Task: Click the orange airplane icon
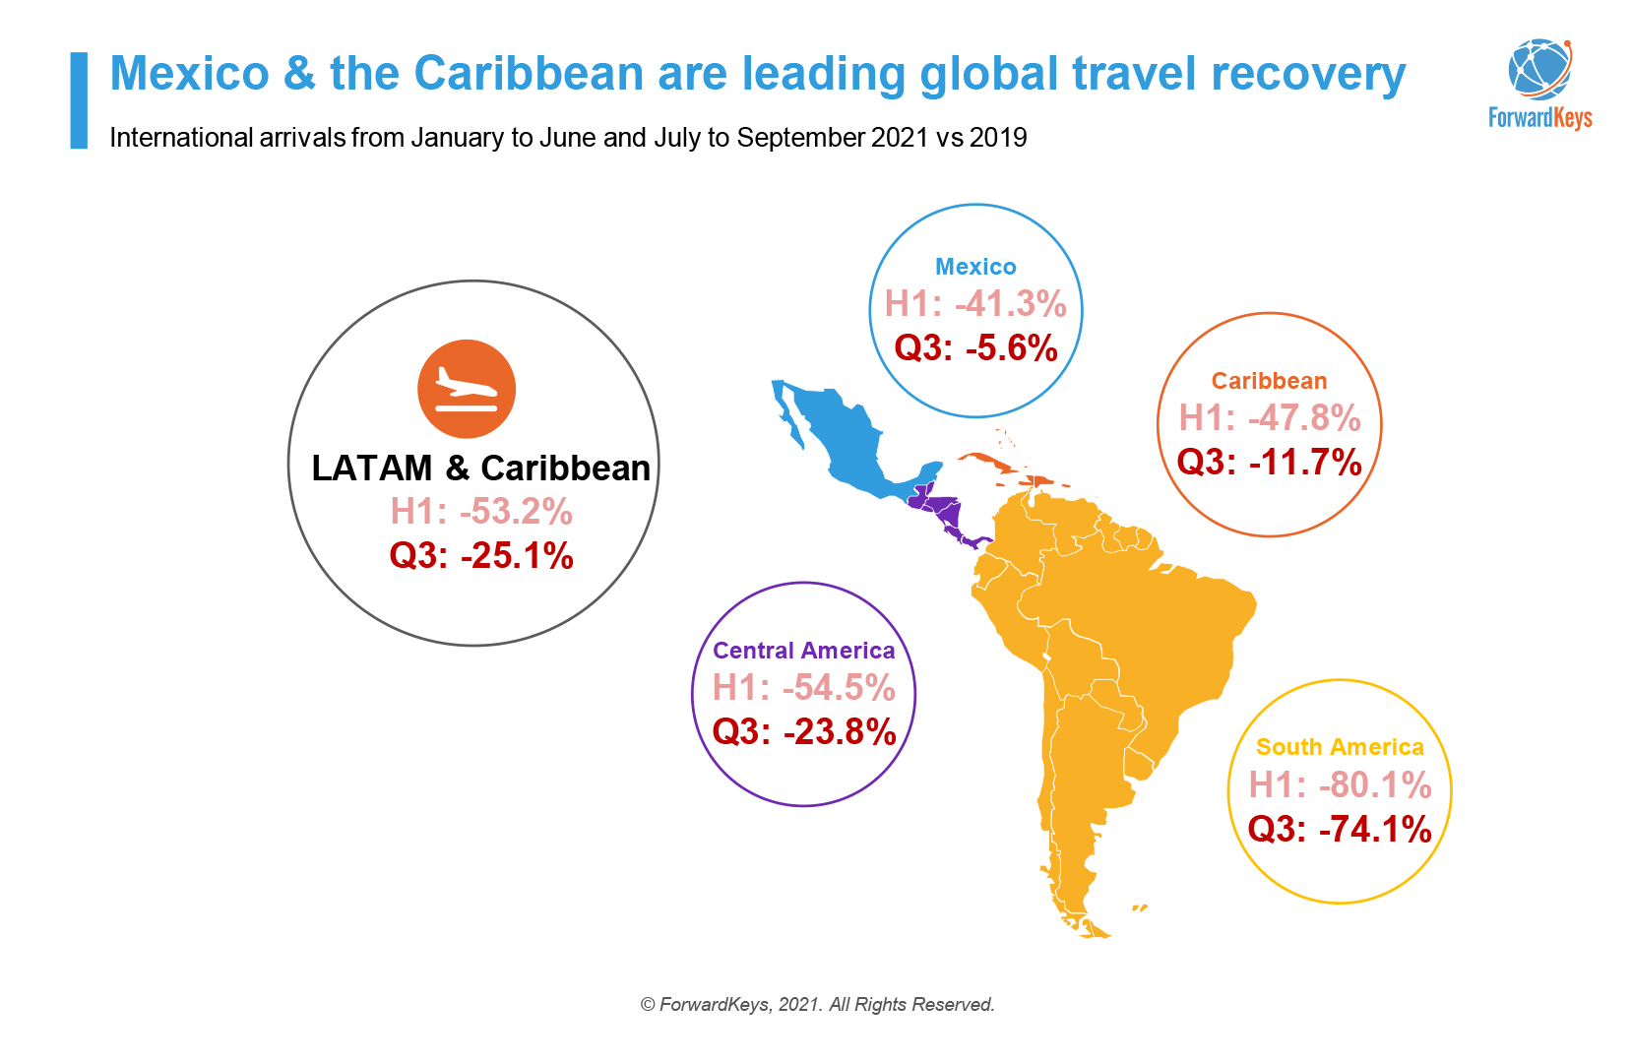[466, 389]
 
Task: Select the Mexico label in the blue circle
[974, 267]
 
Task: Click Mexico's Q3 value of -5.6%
[975, 348]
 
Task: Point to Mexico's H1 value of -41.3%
[975, 304]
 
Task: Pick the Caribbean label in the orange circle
[1269, 381]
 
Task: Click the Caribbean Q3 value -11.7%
[1269, 462]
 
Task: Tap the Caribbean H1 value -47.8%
[1269, 418]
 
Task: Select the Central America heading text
[803, 651]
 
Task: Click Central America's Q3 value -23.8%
[803, 731]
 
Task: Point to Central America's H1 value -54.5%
[803, 687]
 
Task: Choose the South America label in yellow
[1340, 747]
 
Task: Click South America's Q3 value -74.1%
[1340, 829]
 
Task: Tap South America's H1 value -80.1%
[1340, 784]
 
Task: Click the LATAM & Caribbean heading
[480, 468]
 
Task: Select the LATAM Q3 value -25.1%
[481, 555]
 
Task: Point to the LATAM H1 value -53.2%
[481, 512]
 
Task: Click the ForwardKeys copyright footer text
[817, 1004]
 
